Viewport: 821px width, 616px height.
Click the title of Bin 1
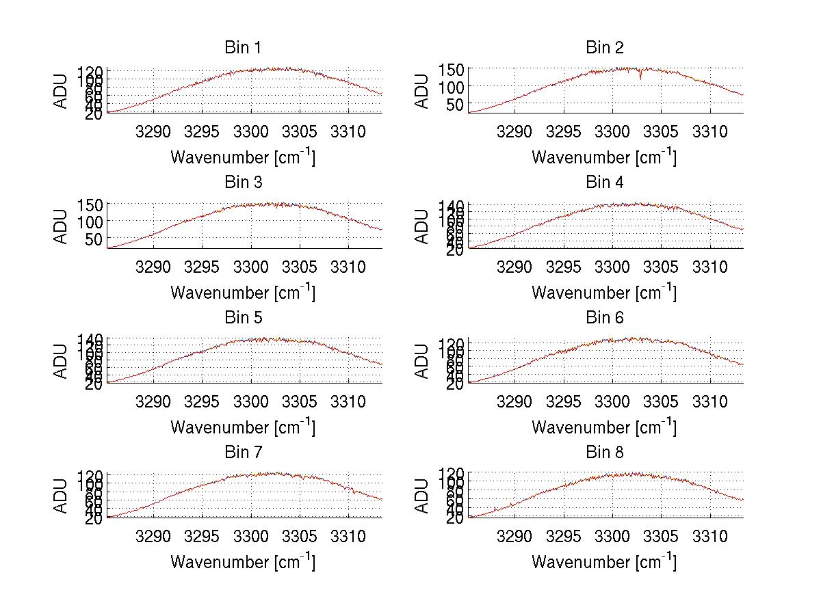coord(242,47)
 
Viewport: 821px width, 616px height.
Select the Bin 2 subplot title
coord(604,47)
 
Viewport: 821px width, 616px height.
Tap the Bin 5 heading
coord(242,317)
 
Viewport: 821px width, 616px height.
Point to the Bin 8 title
coord(604,452)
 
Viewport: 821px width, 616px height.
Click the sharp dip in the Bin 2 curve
coord(640,76)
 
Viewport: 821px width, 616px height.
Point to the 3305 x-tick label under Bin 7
coord(299,536)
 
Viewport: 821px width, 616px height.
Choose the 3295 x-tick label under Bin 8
coord(563,536)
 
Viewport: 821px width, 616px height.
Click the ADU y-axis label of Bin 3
coord(61,226)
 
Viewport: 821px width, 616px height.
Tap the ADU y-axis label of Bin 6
coord(422,361)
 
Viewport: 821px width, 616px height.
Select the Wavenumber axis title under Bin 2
coord(604,157)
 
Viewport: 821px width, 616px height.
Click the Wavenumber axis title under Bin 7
coord(242,562)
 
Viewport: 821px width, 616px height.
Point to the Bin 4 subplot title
coord(604,183)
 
